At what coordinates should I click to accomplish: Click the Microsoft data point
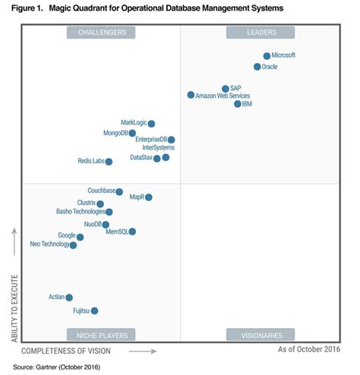coord(267,56)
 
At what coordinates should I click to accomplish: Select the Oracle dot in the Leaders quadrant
coord(257,67)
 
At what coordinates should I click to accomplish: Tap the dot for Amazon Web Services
coord(191,95)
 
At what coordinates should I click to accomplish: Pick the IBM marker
coord(238,104)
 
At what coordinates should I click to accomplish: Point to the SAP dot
coord(226,89)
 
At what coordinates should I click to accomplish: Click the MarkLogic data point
coord(151,124)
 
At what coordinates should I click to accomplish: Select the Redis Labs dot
coord(109,162)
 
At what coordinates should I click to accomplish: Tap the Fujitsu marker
coord(94,310)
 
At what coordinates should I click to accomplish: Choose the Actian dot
coord(69,298)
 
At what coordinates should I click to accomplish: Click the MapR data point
coord(149,197)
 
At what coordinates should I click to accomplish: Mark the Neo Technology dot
coord(73,245)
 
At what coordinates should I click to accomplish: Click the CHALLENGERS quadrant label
coord(101,32)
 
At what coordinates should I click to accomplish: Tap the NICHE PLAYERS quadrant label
coord(101,335)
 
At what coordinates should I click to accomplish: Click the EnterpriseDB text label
coord(150,140)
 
